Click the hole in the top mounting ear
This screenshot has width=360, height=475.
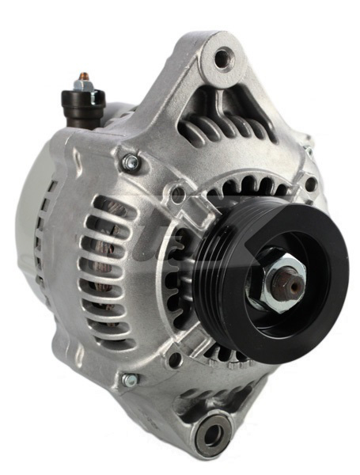click(225, 56)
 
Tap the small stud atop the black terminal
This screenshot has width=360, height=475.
click(83, 81)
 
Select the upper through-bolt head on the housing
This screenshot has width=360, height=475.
click(131, 162)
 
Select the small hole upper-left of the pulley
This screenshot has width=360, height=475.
click(179, 194)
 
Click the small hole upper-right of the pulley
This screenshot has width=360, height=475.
click(311, 184)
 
